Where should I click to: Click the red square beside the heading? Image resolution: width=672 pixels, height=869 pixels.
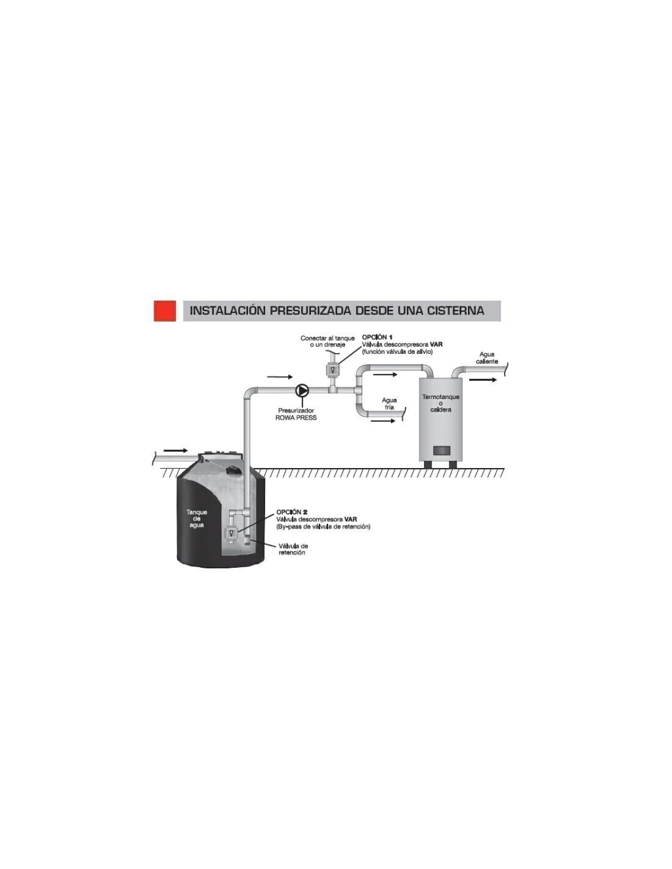point(165,310)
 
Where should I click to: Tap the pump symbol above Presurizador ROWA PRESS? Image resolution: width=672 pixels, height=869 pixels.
point(303,390)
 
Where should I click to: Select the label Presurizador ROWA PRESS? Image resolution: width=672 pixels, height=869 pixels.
point(296,414)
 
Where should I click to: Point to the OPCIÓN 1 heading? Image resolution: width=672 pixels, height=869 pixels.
point(377,337)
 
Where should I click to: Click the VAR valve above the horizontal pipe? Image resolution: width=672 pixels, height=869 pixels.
point(332,369)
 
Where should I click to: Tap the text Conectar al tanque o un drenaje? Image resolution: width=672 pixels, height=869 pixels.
point(327,341)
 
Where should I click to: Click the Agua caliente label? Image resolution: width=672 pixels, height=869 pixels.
point(487,358)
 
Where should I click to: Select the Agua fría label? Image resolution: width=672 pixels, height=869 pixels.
point(389,404)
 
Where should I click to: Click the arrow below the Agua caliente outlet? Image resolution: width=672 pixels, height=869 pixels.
point(483,379)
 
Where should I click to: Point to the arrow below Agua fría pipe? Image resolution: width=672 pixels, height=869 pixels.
point(383,421)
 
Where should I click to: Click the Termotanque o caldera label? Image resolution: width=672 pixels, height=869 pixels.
point(440,403)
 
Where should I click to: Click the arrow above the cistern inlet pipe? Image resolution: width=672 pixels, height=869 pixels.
point(175,450)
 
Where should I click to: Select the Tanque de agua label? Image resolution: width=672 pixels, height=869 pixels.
point(197,519)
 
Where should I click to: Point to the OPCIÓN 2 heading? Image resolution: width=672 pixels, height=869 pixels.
point(292,512)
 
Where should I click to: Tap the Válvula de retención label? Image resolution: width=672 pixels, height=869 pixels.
point(293,549)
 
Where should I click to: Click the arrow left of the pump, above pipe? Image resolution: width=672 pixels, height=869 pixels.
point(280,377)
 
